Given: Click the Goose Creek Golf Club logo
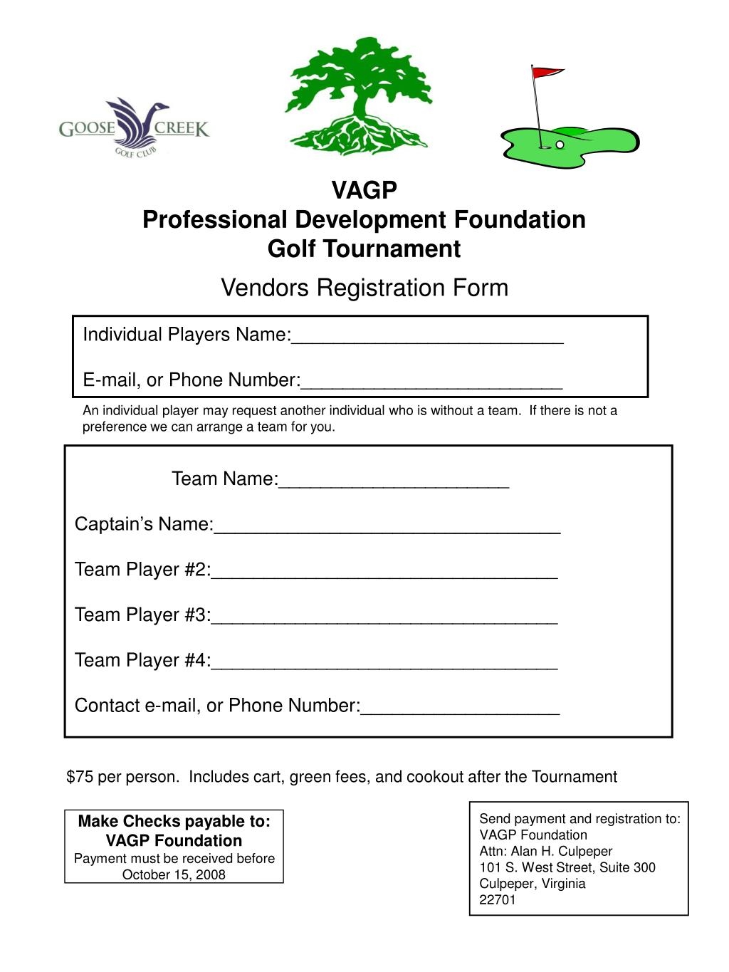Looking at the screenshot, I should coord(134,127).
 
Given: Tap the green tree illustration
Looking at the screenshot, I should coord(359,94).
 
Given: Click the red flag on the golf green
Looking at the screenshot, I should coord(547,72).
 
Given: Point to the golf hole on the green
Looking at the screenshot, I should coord(560,145).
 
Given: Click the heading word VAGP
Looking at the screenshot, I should coord(364,190).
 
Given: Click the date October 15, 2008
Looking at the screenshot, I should coord(174,874).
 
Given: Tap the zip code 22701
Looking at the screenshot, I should coord(497,899).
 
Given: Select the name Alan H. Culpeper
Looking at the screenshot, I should coord(562,851).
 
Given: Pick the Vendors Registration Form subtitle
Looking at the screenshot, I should coord(364,288).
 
